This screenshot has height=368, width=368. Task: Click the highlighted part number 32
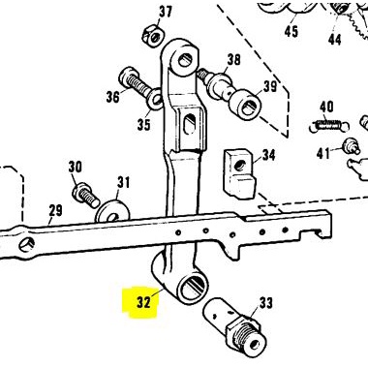click(143, 300)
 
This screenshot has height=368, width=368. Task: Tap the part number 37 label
click(165, 13)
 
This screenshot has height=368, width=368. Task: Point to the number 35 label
click(143, 124)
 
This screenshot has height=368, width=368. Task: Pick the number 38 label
click(232, 60)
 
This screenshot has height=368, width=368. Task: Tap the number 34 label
click(268, 155)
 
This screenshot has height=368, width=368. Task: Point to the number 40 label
click(326, 107)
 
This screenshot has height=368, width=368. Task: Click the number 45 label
click(291, 31)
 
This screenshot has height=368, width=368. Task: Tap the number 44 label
click(334, 41)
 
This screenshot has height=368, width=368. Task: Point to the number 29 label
click(55, 210)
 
